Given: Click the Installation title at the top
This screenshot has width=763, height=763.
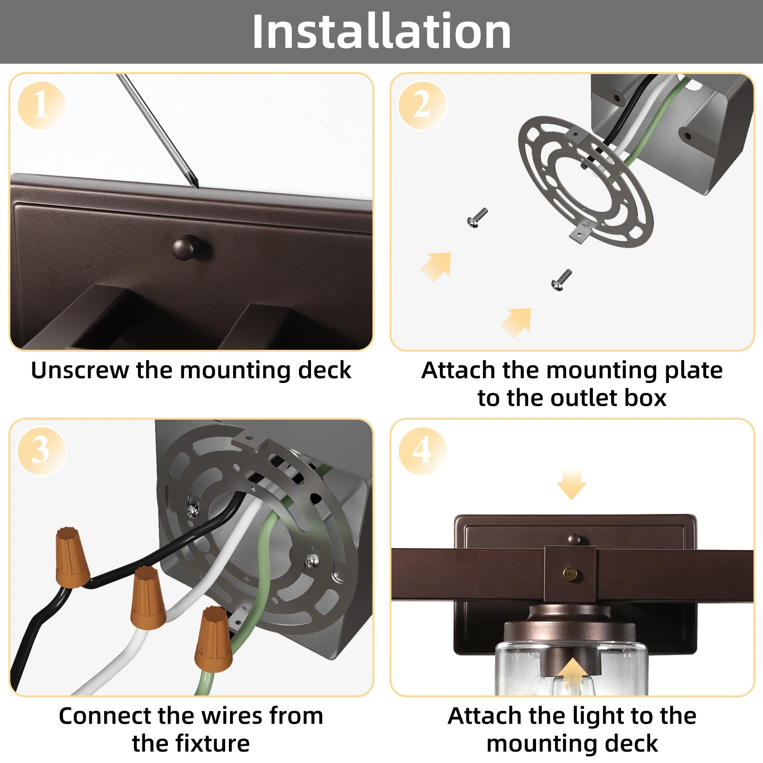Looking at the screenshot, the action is coord(381,31).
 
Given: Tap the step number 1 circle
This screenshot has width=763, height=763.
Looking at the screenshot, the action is coord(41,105).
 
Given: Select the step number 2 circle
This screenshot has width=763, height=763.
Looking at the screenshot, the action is coord(422,105).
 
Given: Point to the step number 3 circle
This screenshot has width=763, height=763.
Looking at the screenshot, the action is coord(41,451).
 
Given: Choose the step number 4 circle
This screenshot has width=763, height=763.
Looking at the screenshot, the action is coord(422,451).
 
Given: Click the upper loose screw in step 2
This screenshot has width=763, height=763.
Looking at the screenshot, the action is coord(477,217).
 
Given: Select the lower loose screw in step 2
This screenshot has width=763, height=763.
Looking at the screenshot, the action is coord(562,280).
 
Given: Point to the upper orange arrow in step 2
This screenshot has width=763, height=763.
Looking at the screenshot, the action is coord(437,267).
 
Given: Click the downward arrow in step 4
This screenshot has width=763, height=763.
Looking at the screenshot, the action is coord(571,483).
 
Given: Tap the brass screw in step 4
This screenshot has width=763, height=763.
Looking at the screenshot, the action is coord(570,573).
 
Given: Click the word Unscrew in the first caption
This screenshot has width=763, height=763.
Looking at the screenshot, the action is coord(80,370).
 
